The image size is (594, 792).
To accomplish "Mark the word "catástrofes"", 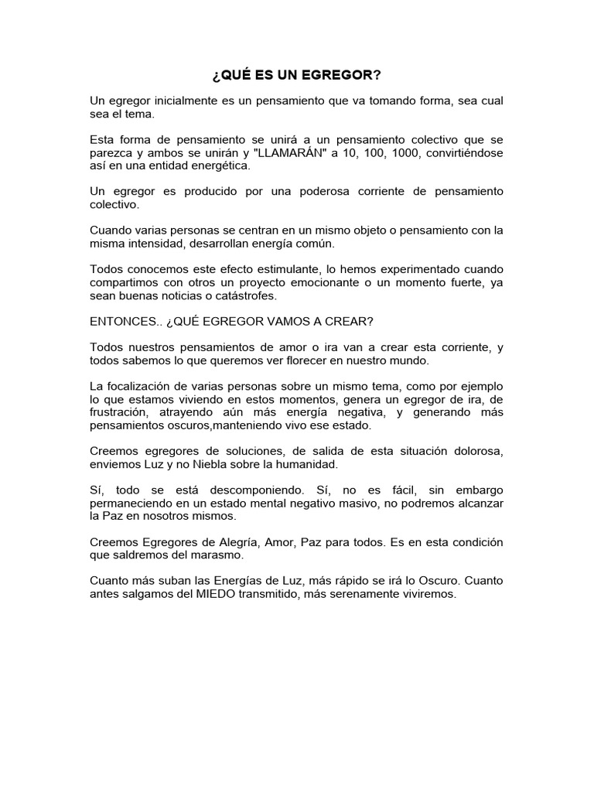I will (x=247, y=295).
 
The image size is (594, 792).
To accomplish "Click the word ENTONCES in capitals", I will (x=124, y=320).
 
